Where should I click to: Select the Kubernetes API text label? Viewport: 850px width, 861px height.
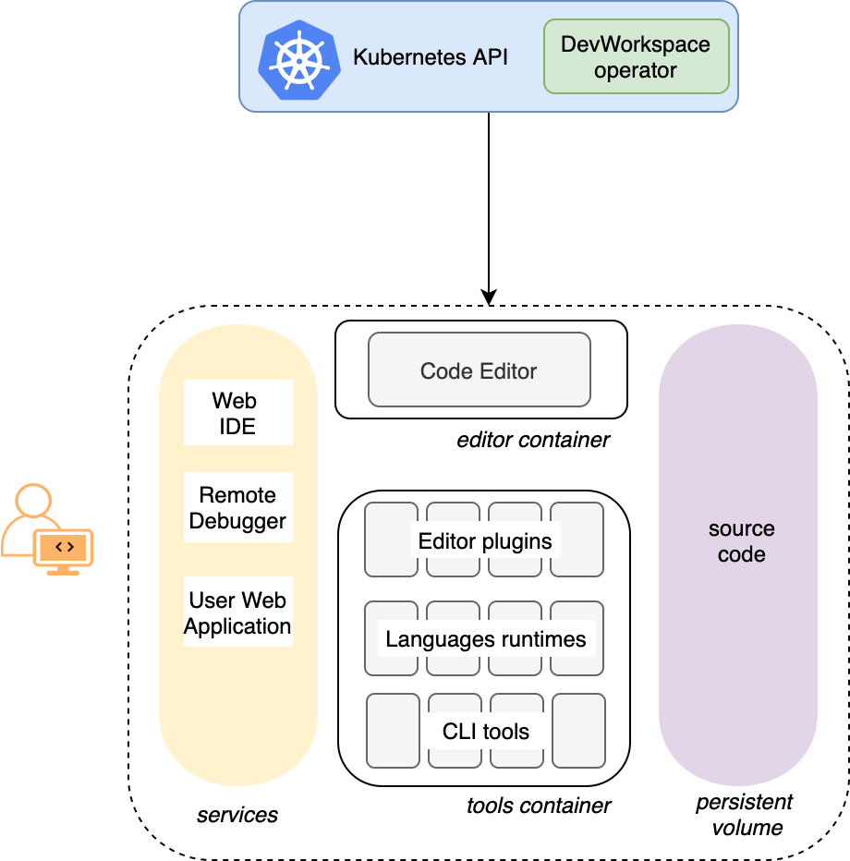[x=431, y=57]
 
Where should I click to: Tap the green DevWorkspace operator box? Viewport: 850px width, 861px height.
[x=636, y=56]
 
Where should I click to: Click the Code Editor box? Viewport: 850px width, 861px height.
[x=479, y=370]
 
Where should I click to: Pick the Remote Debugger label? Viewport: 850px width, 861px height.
[x=237, y=507]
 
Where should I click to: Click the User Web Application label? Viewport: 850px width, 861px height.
[x=237, y=612]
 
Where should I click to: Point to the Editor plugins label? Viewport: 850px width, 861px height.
[x=485, y=541]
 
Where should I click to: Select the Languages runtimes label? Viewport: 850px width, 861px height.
[x=485, y=639]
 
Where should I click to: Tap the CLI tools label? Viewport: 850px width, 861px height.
[x=485, y=732]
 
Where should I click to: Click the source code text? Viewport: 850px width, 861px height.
[x=741, y=541]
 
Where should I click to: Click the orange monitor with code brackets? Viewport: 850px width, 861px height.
[x=64, y=549]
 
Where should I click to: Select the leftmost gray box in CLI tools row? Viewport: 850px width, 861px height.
[x=393, y=731]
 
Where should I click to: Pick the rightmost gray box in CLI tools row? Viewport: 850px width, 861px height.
[x=578, y=731]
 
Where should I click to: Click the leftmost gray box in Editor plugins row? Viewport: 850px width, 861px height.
[x=391, y=540]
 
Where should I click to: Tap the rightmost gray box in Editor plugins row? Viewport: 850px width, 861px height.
[x=577, y=540]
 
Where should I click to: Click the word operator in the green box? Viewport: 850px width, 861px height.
[x=636, y=70]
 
